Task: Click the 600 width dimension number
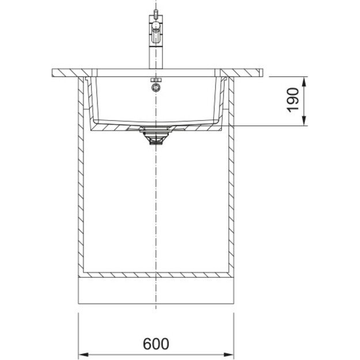point(156,344)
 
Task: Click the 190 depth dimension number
point(293,100)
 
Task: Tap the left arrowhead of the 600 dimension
point(84,355)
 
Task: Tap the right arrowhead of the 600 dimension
point(229,355)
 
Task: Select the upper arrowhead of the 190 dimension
point(304,82)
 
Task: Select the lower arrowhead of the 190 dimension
point(304,121)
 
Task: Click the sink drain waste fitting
point(156,136)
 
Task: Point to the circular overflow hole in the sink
point(156,88)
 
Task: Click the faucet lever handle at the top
point(156,31)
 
